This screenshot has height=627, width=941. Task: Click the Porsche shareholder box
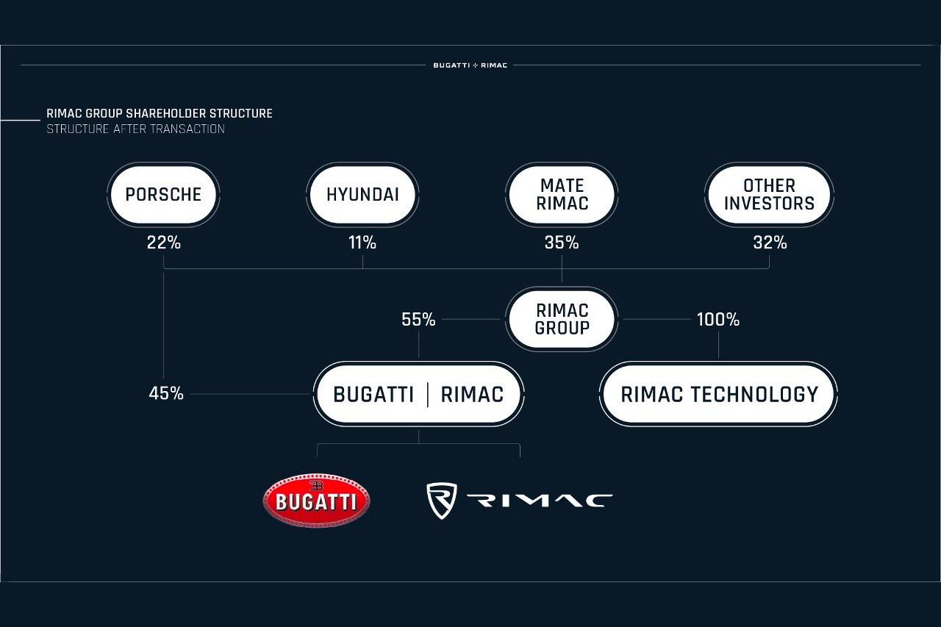pyautogui.click(x=163, y=195)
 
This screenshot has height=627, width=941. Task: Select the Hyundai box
pyautogui.click(x=362, y=195)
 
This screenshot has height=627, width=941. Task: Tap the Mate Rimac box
pyautogui.click(x=562, y=195)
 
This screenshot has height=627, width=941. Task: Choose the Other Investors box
pyautogui.click(x=769, y=195)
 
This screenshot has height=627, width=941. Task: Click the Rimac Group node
pyautogui.click(x=562, y=319)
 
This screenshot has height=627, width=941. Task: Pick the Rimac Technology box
pyautogui.click(x=718, y=394)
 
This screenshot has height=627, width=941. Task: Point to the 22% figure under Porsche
pyautogui.click(x=163, y=243)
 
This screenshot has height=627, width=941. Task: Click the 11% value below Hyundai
pyautogui.click(x=362, y=243)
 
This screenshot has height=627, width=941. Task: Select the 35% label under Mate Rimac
pyautogui.click(x=562, y=243)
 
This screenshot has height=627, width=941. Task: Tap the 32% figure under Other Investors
pyautogui.click(x=770, y=243)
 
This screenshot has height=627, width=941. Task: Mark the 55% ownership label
pyautogui.click(x=418, y=320)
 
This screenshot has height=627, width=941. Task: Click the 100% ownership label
pyautogui.click(x=718, y=320)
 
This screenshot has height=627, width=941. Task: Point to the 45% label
pyautogui.click(x=166, y=393)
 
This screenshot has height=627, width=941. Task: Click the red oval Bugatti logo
pyautogui.click(x=316, y=500)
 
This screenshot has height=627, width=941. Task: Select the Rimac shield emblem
pyautogui.click(x=442, y=501)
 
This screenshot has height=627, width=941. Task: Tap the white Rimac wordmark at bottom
pyautogui.click(x=540, y=501)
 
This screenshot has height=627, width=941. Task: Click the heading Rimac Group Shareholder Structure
pyautogui.click(x=160, y=114)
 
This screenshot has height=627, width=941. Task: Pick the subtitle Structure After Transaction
pyautogui.click(x=135, y=129)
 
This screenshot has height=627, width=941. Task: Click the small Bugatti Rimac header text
pyautogui.click(x=470, y=65)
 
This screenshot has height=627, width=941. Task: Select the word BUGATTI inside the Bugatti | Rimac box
pyautogui.click(x=373, y=395)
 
